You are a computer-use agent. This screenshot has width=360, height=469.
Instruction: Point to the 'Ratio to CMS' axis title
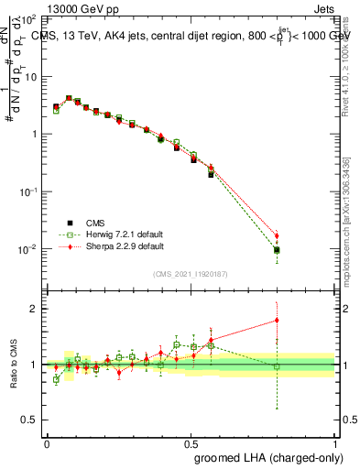coord(14,365)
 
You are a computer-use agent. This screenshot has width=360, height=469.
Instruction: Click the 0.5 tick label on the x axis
coord(191,442)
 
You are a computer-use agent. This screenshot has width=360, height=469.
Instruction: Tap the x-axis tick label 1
coord(335,442)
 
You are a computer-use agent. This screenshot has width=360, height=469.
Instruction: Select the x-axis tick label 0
coord(47,442)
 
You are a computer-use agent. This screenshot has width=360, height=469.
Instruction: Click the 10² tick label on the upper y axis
coord(28,19)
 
